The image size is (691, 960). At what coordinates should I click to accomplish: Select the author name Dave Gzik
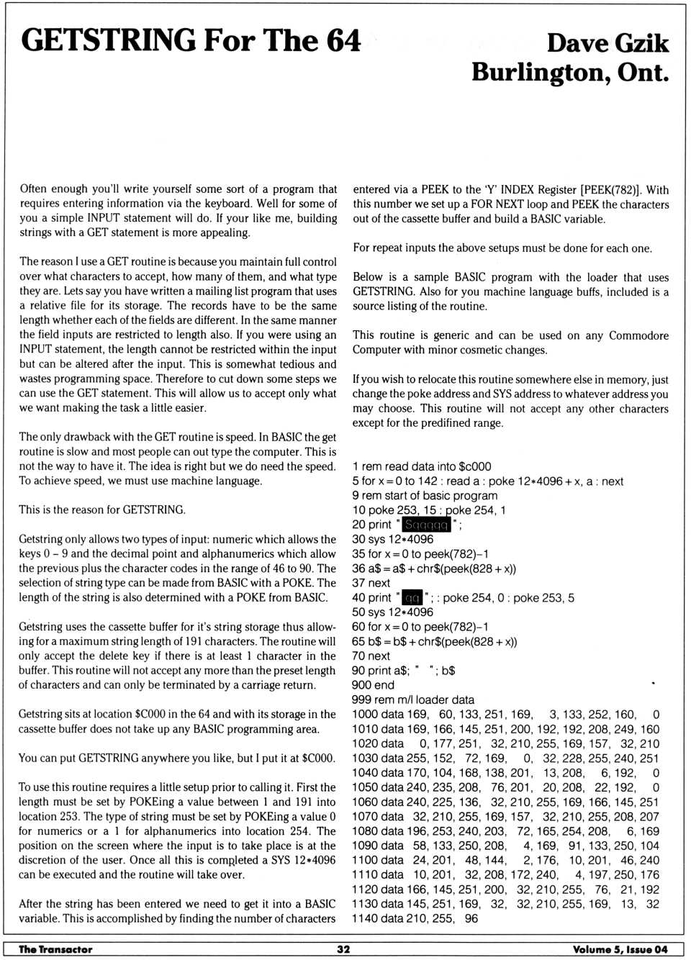[607, 43]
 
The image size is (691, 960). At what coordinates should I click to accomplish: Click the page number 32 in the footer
[344, 949]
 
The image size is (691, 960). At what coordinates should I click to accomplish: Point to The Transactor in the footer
[55, 949]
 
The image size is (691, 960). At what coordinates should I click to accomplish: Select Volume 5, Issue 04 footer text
[620, 949]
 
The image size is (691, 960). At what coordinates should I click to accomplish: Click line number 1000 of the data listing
[366, 715]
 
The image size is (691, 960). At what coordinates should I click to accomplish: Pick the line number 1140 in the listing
[365, 918]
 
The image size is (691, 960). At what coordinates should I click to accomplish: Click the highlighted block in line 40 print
[412, 598]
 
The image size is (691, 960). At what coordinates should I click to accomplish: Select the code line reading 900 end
[373, 685]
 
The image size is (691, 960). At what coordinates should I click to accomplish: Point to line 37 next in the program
[371, 583]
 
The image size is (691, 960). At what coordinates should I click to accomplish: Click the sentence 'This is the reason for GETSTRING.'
[102, 510]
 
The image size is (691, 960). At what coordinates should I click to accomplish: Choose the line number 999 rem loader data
[362, 699]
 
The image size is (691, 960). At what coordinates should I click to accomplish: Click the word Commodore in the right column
[638, 335]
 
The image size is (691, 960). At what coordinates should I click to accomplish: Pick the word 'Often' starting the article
[33, 189]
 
